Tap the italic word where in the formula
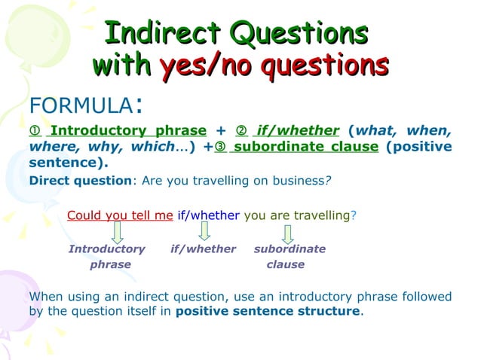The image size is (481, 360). tap(50, 147)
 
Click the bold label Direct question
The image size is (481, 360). tap(69, 181)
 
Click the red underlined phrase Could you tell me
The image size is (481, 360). tap(120, 215)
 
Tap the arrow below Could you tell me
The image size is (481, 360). tap(118, 232)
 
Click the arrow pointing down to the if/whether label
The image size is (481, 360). tap(204, 232)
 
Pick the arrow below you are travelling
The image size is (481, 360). tap(287, 232)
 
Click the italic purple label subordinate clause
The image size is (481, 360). tap(289, 256)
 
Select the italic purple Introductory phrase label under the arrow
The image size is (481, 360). tap(107, 256)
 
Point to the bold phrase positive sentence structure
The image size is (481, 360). tap(268, 311)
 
